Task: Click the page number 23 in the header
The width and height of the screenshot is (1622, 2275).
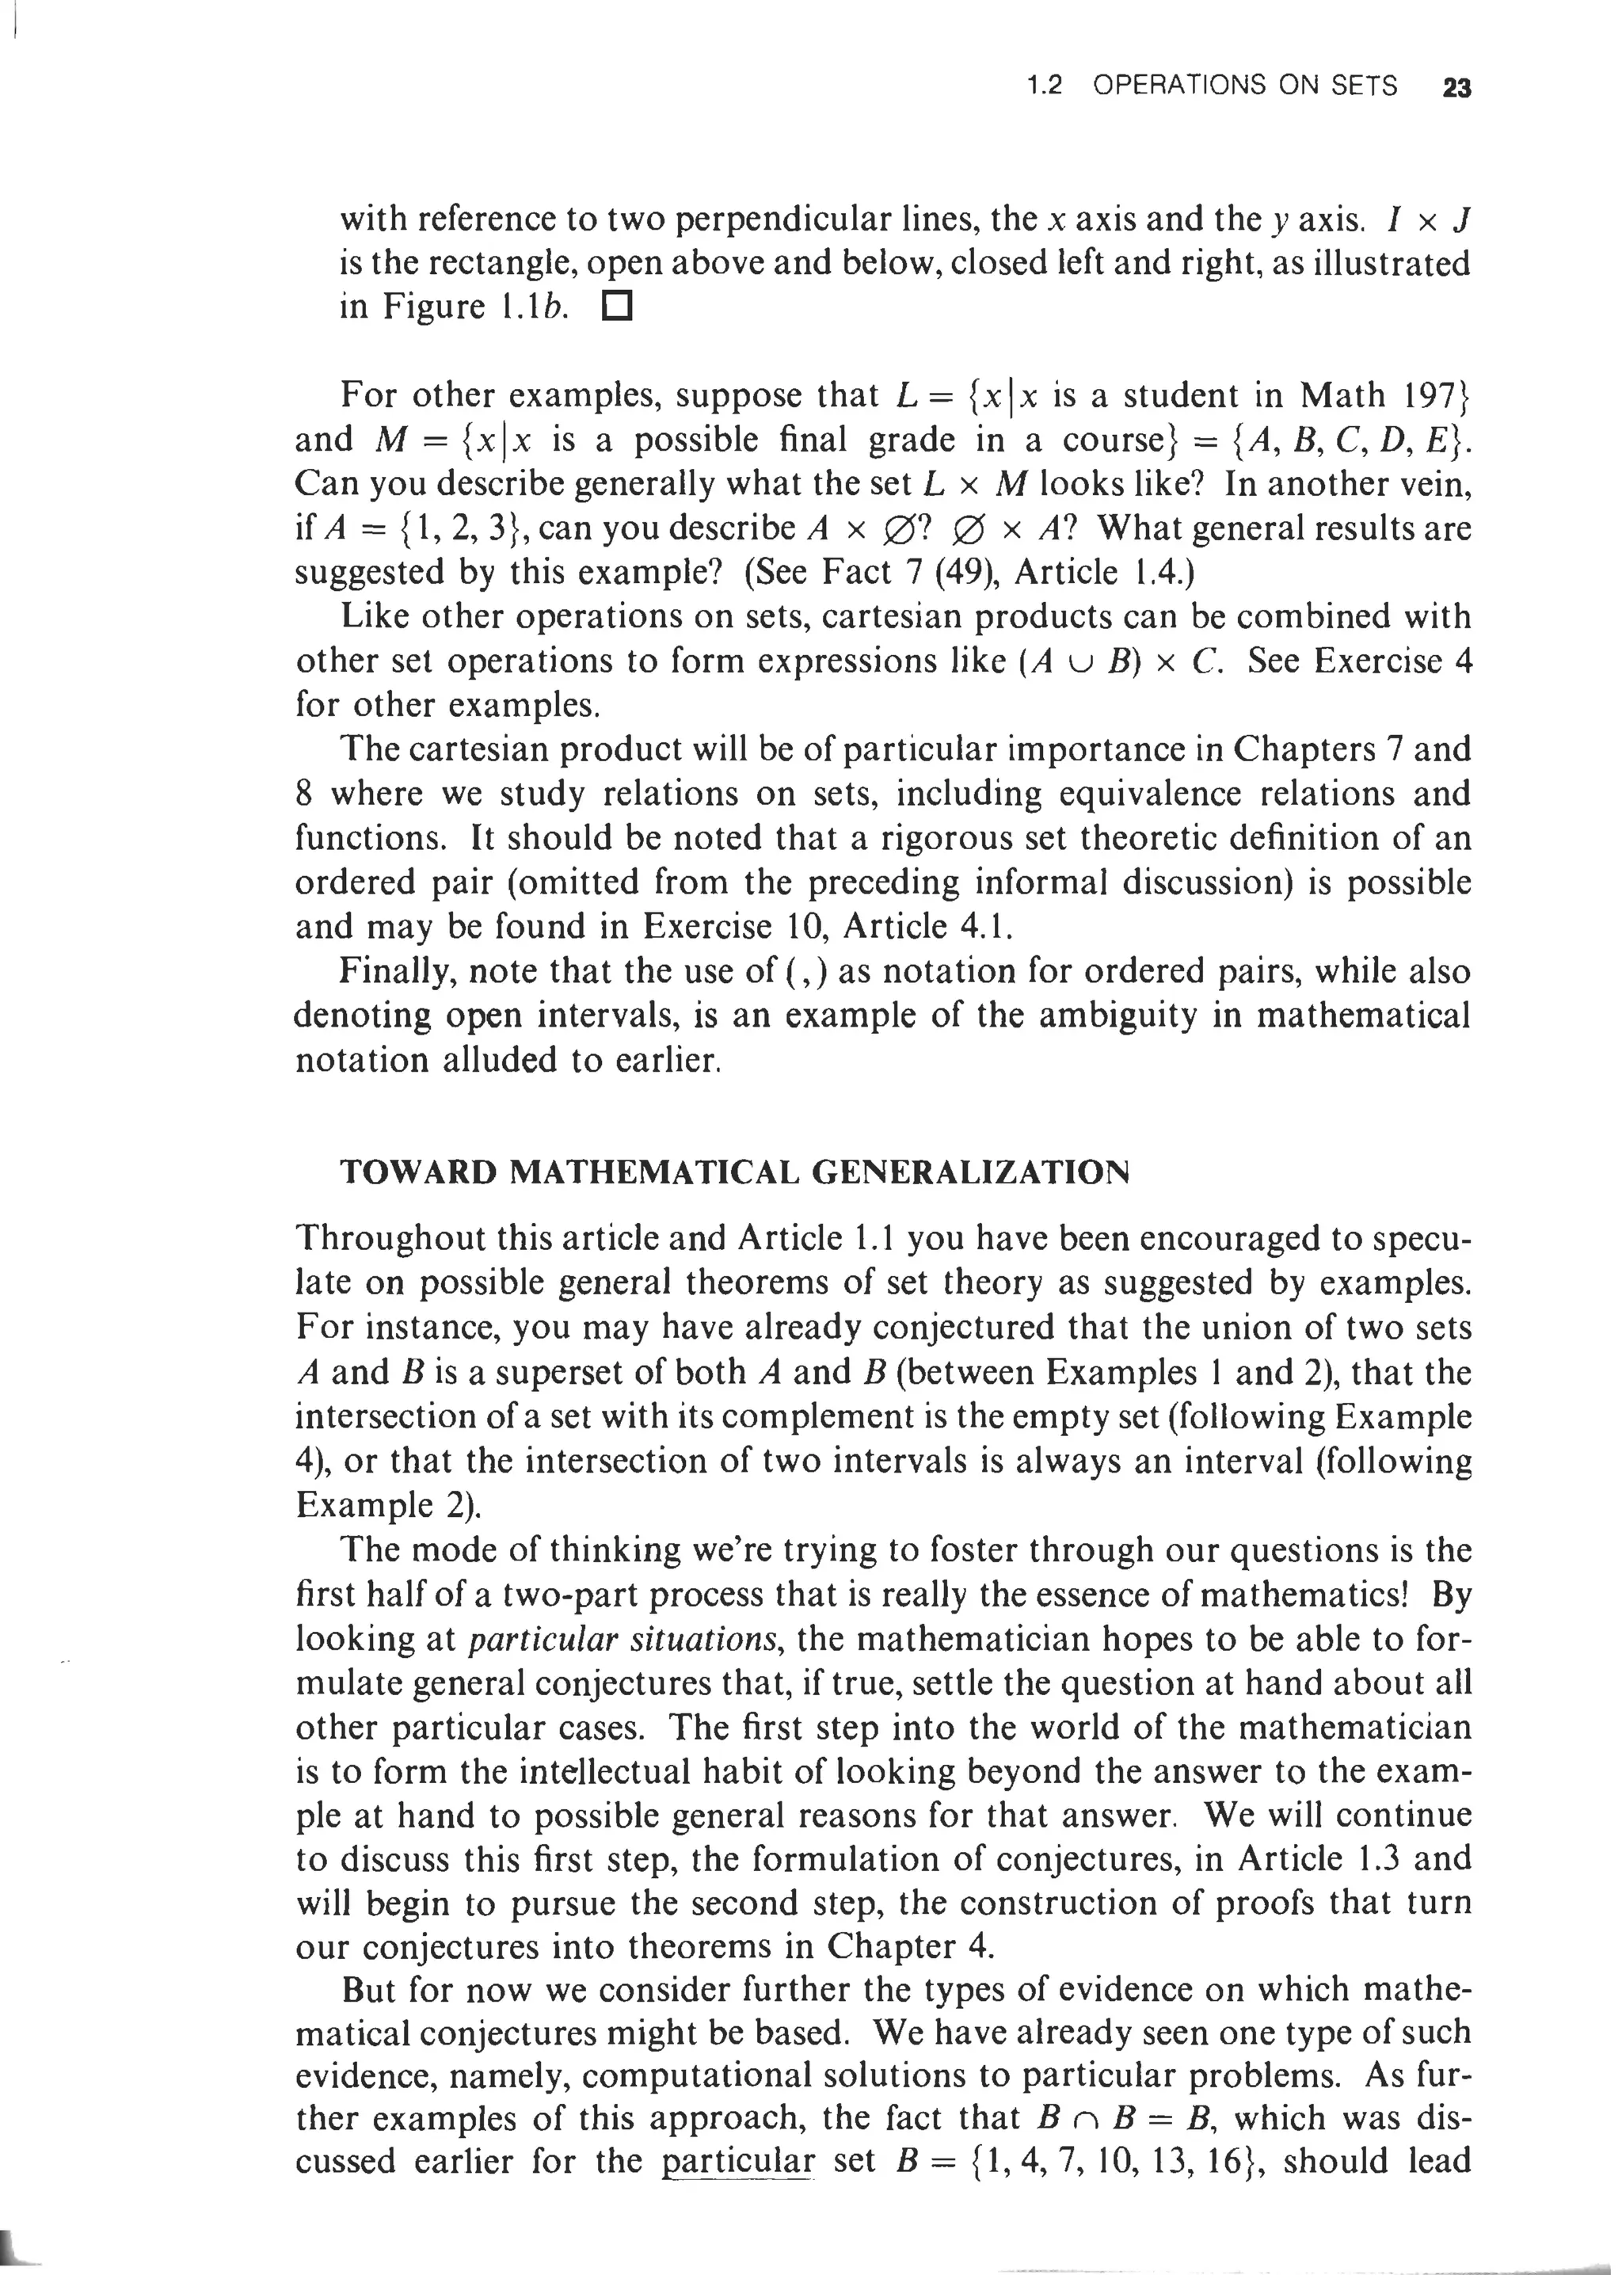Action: pyautogui.click(x=1456, y=88)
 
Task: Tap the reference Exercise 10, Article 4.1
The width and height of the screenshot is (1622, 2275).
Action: pyautogui.click(x=827, y=927)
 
